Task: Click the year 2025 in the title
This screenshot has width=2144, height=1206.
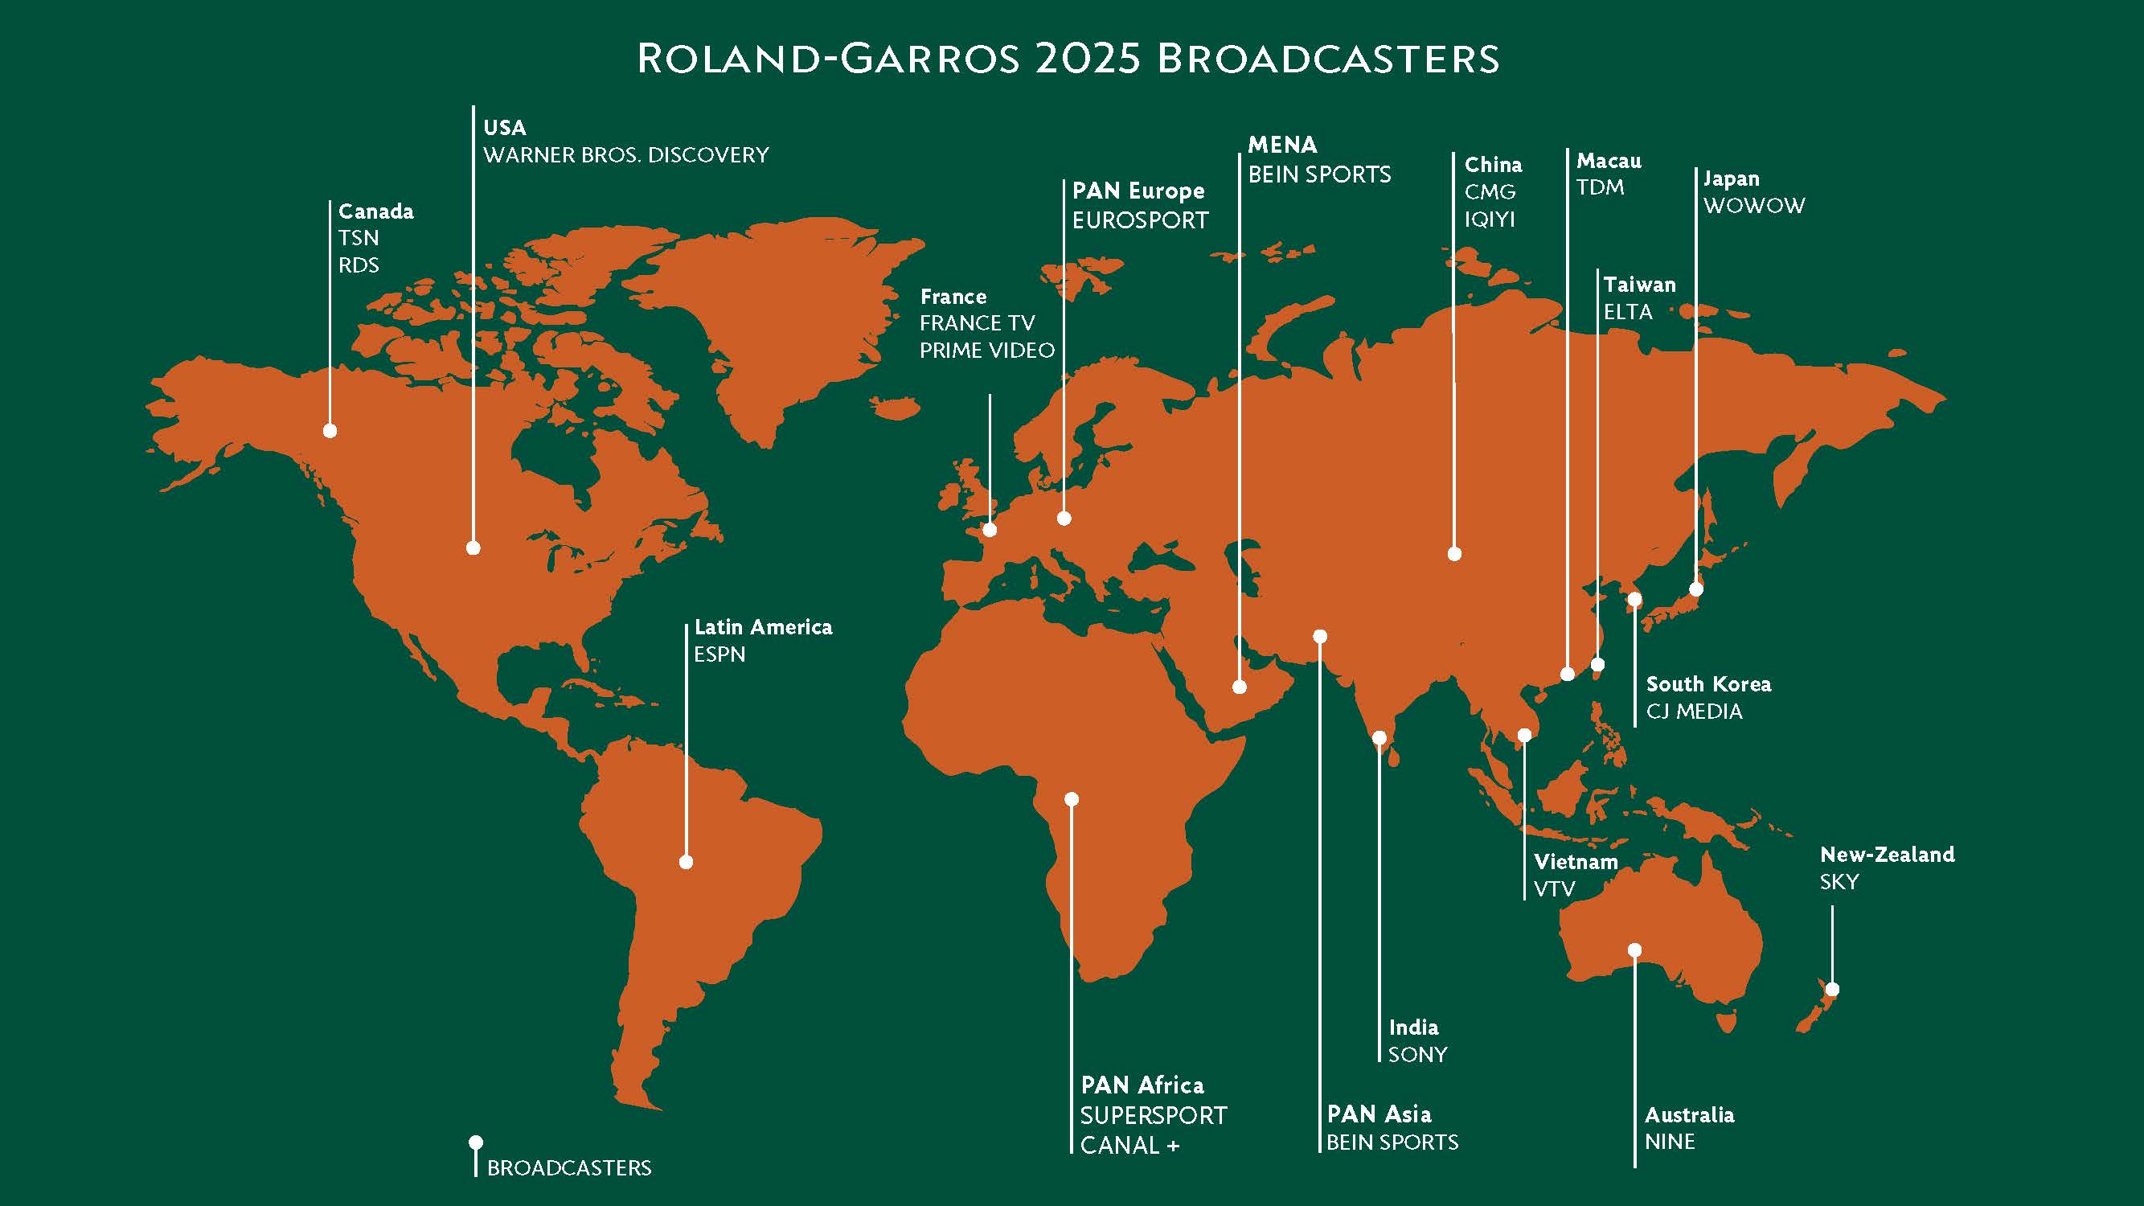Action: pos(1087,59)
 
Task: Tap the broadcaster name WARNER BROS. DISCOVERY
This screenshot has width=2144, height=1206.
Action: pos(626,156)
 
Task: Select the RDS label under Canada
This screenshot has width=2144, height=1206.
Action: pos(358,265)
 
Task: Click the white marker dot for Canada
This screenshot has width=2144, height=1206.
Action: pos(330,430)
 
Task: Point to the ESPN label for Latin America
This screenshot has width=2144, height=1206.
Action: pos(719,654)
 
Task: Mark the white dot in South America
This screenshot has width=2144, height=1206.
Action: pos(686,862)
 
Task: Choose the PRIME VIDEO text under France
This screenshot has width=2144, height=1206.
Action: pos(986,351)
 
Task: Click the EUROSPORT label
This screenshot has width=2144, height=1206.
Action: pos(1139,220)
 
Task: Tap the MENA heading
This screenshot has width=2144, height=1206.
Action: pos(1281,145)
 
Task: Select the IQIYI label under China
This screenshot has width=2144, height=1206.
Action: pos(1489,219)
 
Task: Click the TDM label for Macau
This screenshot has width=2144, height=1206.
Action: pos(1600,187)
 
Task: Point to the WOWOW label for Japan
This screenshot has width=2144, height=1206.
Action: pos(1753,206)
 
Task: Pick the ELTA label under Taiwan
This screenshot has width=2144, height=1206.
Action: pos(1628,312)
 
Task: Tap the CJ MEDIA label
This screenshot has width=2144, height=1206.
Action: pos(1694,712)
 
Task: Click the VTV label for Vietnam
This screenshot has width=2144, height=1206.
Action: pos(1554,889)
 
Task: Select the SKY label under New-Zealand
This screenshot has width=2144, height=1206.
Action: pos(1839,882)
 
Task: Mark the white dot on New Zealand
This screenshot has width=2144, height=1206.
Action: pos(1832,990)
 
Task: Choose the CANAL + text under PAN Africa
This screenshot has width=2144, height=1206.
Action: pos(1129,1146)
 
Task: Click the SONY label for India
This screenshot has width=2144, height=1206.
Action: pos(1417,1055)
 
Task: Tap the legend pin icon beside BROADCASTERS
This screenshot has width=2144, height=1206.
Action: pos(476,1142)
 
